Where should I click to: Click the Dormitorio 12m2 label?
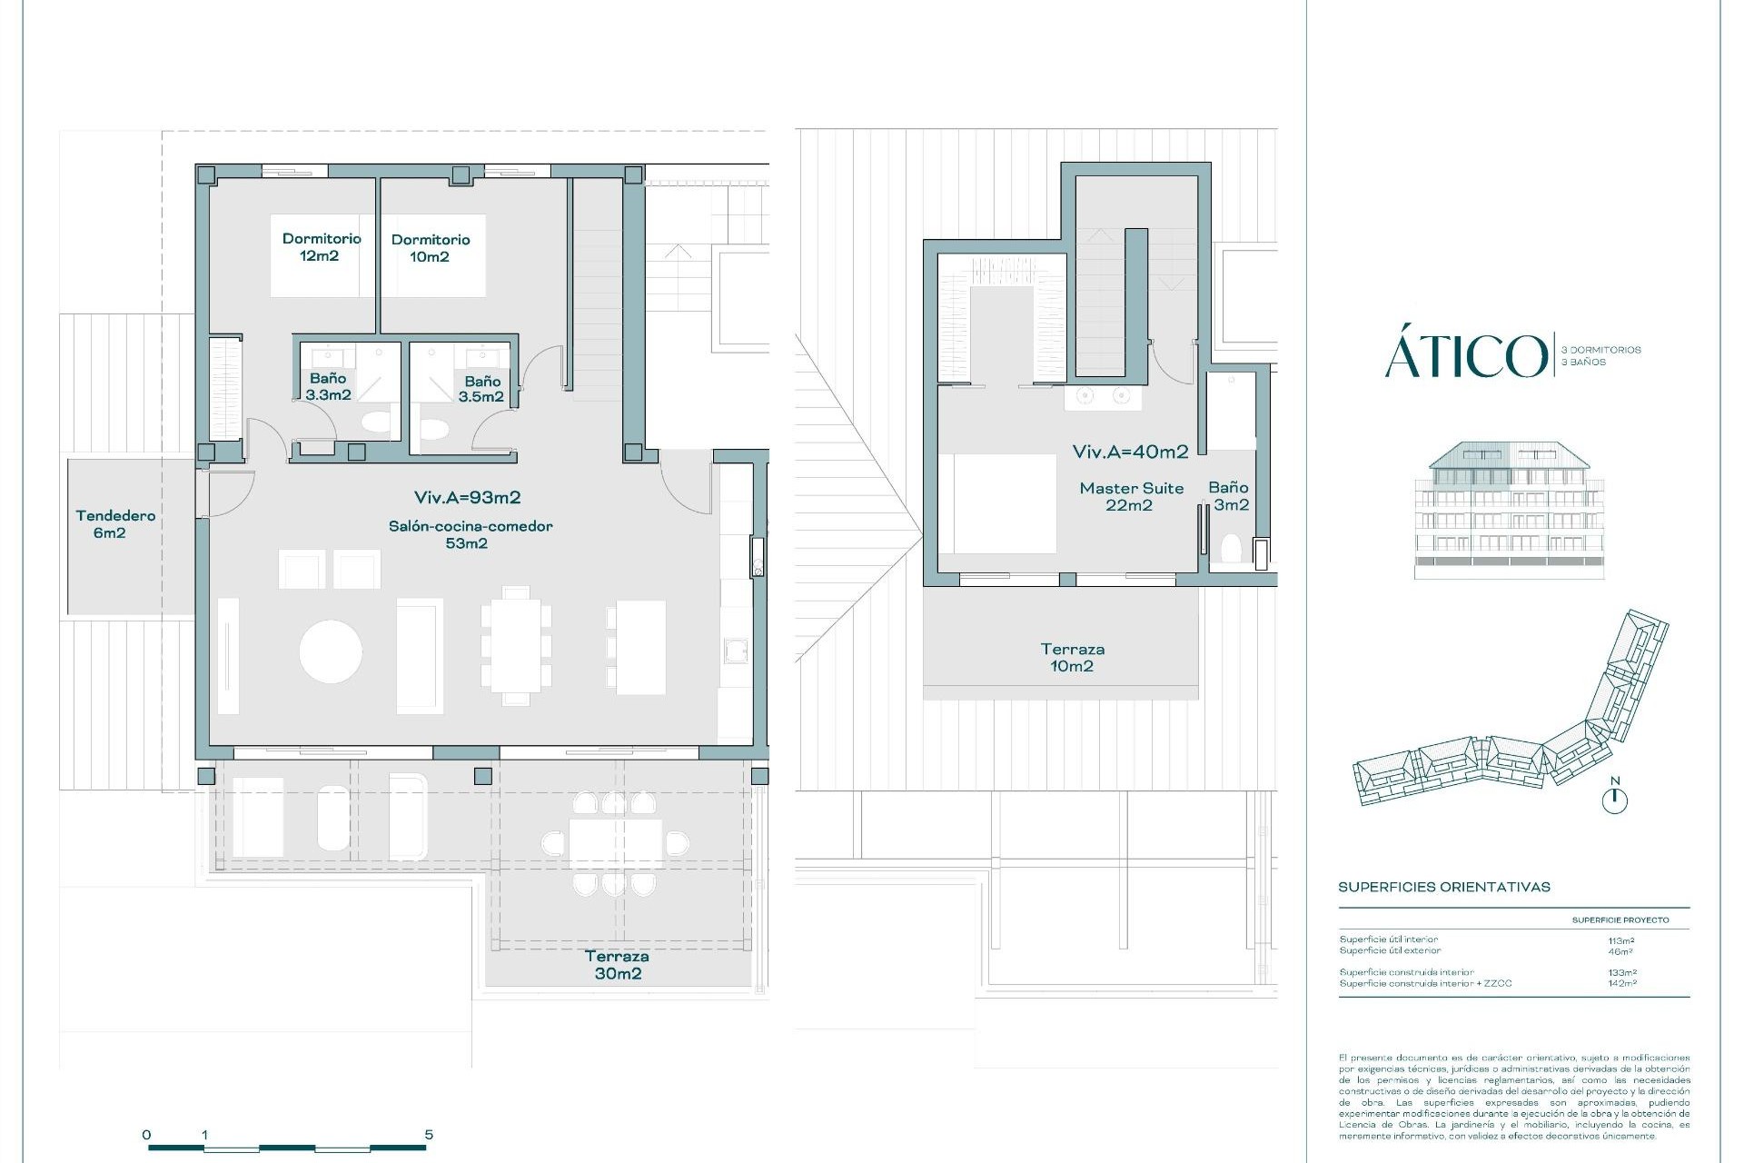tap(322, 247)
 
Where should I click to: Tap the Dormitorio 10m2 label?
tap(431, 248)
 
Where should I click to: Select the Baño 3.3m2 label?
tap(328, 386)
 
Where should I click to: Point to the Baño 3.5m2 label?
tap(481, 389)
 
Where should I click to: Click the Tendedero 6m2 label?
tap(114, 524)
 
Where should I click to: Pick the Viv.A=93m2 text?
tap(467, 497)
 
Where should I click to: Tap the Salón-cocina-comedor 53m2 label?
tap(470, 534)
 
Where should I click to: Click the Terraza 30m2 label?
tap(617, 965)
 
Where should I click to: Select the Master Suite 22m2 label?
tap(1131, 496)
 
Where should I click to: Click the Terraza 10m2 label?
tap(1072, 658)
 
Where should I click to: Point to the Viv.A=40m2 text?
tap(1130, 452)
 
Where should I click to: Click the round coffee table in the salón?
tap(331, 651)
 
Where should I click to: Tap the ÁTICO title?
tap(1464, 356)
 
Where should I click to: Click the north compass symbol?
tap(1615, 800)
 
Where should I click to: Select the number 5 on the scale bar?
tap(429, 1134)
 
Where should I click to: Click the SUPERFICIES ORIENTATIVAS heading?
tap(1443, 887)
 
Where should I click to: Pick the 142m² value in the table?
tap(1620, 983)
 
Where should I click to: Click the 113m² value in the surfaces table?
tap(1620, 940)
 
